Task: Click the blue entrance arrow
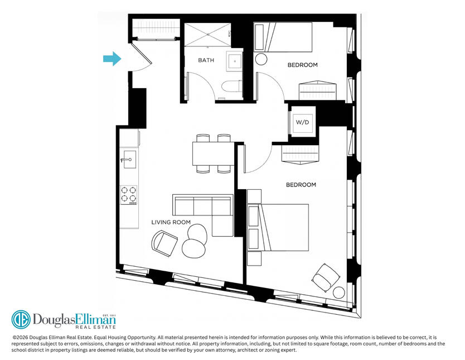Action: pos(112,59)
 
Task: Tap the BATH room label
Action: pos(206,60)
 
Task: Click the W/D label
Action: pos(302,122)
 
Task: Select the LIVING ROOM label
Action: pos(171,222)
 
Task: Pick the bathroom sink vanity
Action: pos(235,61)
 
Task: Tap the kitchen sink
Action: pos(129,160)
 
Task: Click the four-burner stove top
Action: pos(129,195)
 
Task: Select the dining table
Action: pos(214,153)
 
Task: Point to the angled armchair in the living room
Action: pos(164,243)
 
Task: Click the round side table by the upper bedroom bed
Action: pos(261,59)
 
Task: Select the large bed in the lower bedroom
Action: pos(278,227)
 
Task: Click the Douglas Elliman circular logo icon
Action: pos(21,320)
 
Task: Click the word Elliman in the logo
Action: pos(96,319)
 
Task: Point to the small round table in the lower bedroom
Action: pos(338,292)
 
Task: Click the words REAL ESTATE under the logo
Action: pos(95,327)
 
